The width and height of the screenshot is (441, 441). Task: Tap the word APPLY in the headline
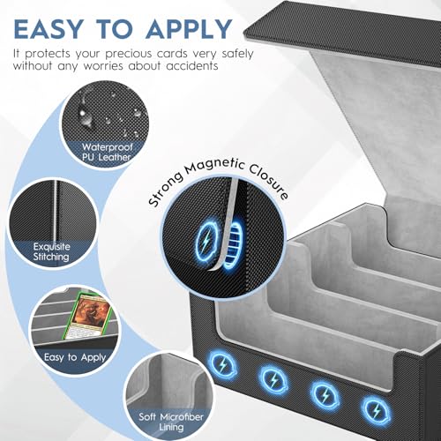point(190,29)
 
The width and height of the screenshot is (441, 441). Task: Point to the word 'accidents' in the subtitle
point(192,66)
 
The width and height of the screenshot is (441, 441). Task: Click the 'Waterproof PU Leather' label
point(107,152)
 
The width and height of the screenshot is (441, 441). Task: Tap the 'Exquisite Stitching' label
point(51,251)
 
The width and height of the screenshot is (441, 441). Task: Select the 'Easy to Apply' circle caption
point(75,357)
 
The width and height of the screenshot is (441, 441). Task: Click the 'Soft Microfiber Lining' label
point(171,422)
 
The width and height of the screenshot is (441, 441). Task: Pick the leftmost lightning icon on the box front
point(222,366)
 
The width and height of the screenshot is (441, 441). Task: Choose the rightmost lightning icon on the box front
point(376,410)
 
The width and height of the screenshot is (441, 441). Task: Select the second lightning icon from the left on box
point(273,380)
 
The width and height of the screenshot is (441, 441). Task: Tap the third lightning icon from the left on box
point(325,395)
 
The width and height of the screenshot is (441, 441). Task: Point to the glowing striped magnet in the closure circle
point(234,244)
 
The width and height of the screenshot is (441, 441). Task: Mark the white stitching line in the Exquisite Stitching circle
point(55,211)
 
